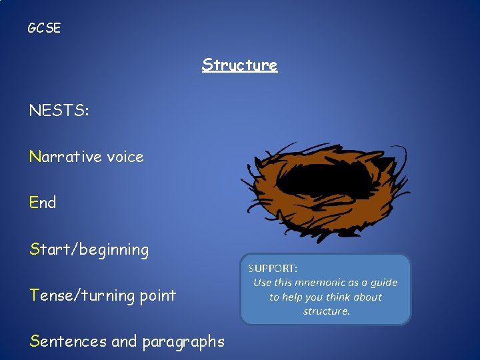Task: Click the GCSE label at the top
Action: pos(44,28)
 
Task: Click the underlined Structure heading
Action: pos(239,65)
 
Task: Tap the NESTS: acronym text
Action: pos(59,111)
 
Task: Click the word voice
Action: pos(125,157)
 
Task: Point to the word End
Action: pos(43,203)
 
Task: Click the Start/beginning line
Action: pos(89,249)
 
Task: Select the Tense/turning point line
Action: pos(103,295)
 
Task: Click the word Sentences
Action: pos(68,341)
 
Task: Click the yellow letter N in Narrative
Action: pos(35,157)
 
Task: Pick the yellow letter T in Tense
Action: pos(33,295)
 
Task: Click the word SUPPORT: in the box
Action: pos(273,268)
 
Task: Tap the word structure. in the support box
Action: pos(326,311)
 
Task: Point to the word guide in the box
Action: pos(383,283)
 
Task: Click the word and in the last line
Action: pos(123,341)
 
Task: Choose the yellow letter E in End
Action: pos(34,203)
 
